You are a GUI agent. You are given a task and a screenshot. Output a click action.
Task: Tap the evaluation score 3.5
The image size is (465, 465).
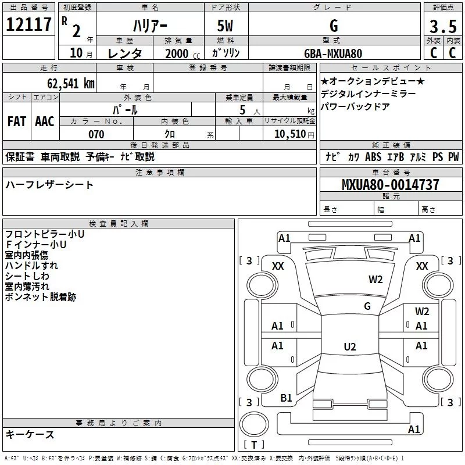pos(442,26)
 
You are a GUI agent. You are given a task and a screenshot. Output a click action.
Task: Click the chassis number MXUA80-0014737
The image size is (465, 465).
pos(390,185)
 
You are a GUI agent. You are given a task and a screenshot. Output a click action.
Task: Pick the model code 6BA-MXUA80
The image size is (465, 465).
pos(333,53)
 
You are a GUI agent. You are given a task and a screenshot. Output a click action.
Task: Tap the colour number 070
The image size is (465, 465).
pos(96,134)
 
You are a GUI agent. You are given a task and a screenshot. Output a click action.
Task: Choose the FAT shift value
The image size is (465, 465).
pos(17,121)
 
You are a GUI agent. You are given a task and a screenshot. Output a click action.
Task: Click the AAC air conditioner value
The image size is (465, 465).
pos(45,121)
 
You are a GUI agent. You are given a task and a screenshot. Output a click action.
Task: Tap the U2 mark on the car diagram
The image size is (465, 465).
pos(349,347)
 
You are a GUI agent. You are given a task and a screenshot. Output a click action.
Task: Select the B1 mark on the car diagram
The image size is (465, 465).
pos(286,398)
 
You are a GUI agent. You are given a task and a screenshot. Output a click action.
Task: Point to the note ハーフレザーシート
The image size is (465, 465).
pos(49,185)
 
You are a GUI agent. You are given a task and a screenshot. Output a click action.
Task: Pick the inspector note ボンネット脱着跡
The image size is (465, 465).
pos(40,297)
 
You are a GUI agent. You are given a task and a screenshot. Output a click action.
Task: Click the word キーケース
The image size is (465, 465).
pos(30,434)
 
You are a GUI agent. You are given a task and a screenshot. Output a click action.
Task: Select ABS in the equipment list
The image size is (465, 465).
pos(373,156)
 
